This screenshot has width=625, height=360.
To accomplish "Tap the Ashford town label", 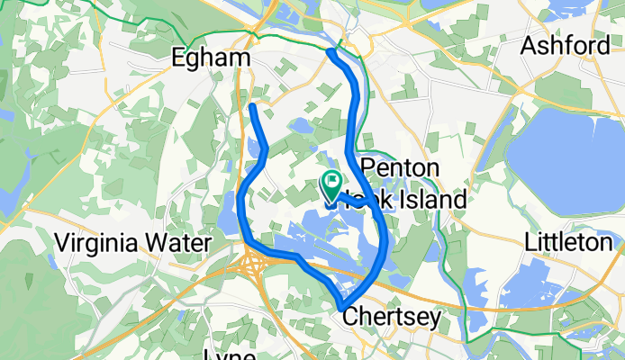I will coord(566,45).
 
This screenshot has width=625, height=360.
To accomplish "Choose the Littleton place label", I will coord(569,242).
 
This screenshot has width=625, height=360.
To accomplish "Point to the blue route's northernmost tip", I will coord(331,52).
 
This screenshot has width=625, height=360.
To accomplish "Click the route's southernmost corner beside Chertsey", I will coord(343,307).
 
